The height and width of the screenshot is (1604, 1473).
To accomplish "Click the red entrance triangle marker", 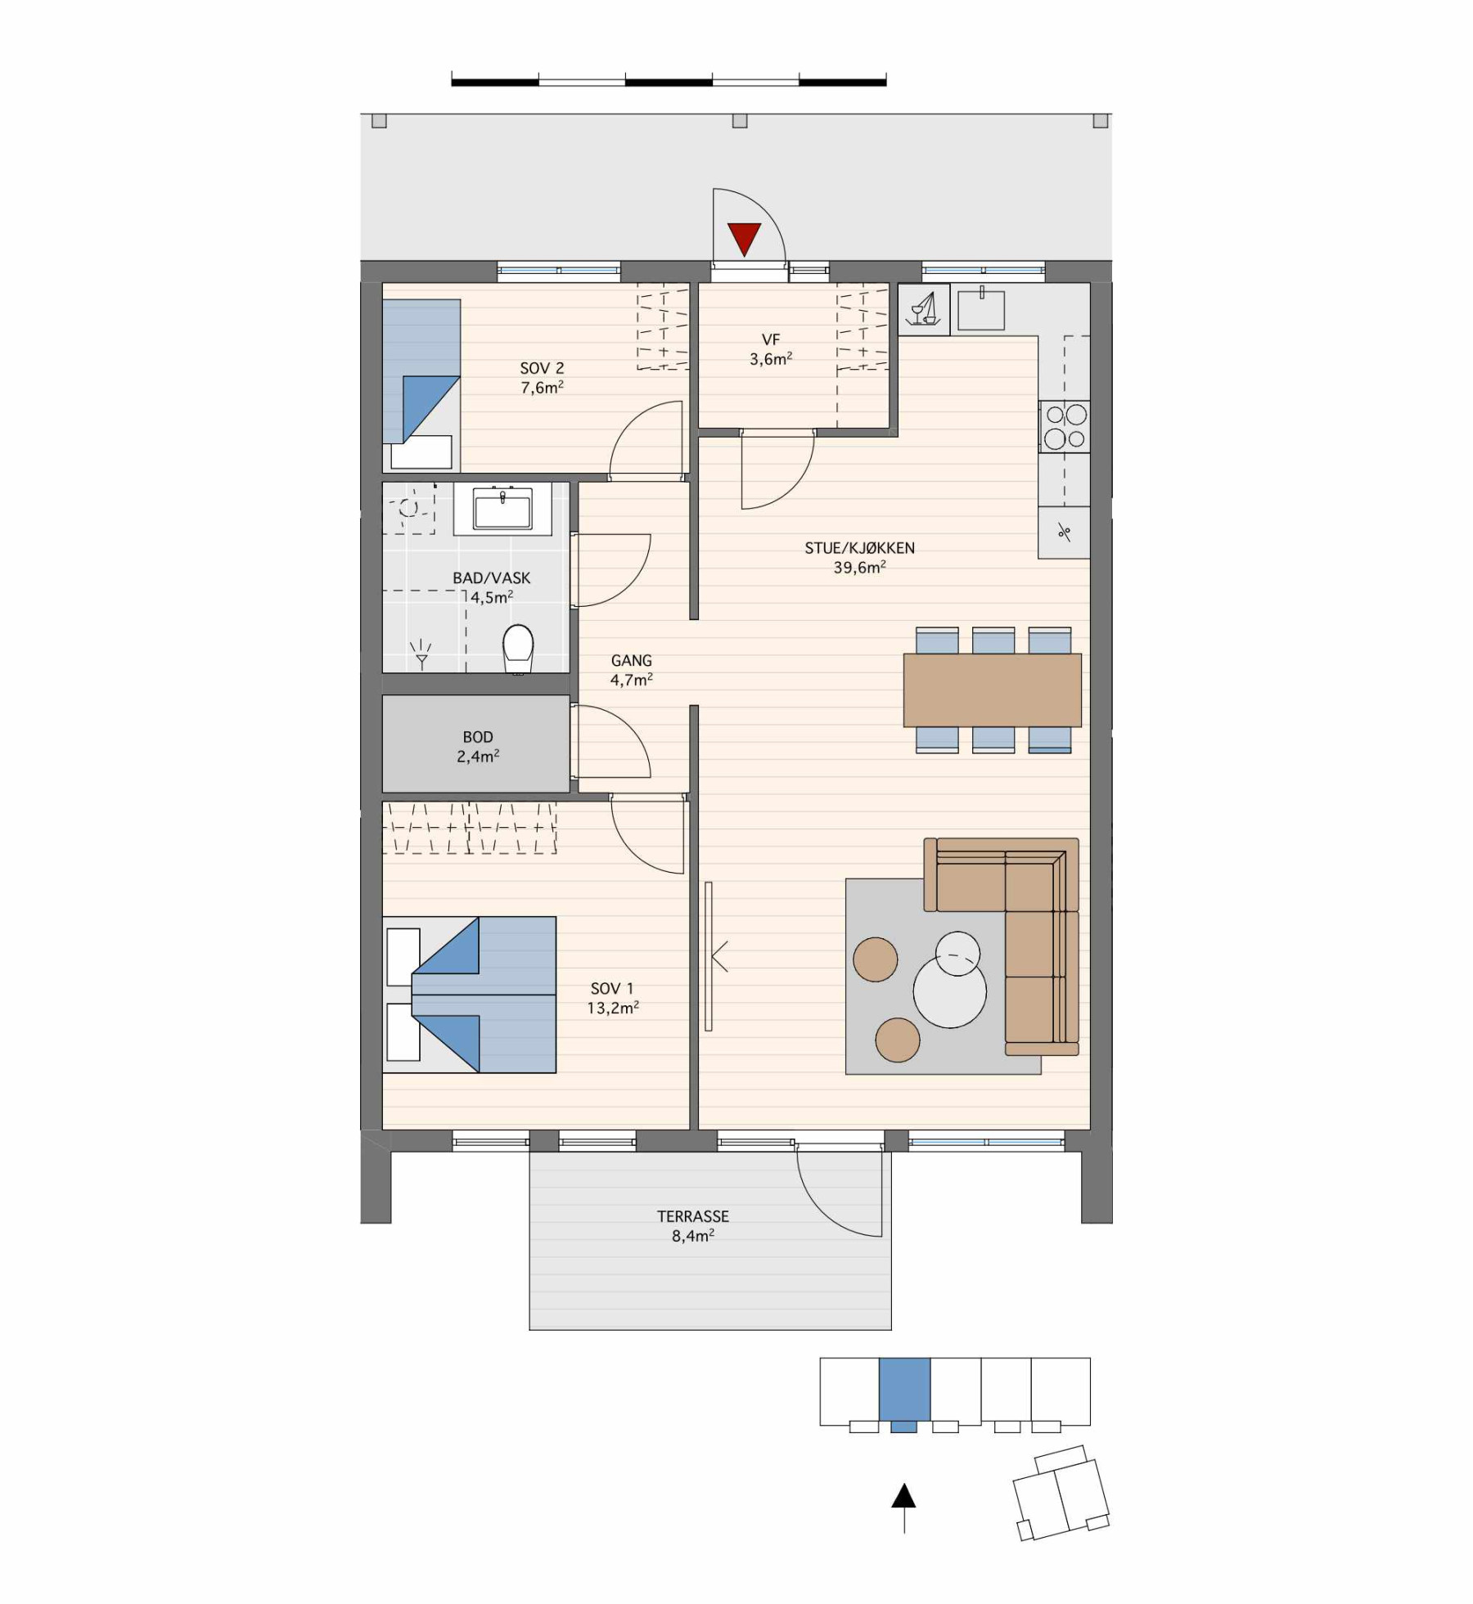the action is tap(744, 239).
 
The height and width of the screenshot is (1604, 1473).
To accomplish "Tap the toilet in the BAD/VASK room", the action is tap(518, 648).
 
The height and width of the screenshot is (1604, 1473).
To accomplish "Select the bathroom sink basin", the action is tap(502, 508).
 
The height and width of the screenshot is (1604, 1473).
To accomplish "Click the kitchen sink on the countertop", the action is tap(980, 308).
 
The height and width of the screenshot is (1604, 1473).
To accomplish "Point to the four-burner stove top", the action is tap(1065, 426).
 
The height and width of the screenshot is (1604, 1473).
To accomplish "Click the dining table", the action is tap(993, 690).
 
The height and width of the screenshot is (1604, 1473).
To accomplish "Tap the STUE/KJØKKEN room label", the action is tap(859, 558).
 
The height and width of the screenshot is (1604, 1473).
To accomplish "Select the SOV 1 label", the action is tap(612, 998).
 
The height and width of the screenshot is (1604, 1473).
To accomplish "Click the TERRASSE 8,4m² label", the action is tap(693, 1226).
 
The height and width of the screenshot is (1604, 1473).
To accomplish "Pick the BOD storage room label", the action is tap(478, 747).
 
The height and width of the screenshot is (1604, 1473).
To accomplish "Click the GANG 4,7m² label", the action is tap(631, 670).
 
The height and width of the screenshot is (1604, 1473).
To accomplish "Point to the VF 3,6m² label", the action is tap(771, 349).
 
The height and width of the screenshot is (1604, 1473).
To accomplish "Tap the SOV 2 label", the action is tap(542, 377).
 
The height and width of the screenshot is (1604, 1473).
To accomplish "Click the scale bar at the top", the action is tap(669, 81).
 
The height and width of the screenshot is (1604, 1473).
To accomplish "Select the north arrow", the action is tap(903, 1507).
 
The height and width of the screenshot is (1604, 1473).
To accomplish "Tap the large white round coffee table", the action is tap(950, 991).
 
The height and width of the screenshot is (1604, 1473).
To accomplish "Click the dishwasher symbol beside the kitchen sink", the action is tap(924, 309).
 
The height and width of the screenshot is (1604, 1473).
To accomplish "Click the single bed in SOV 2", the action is tap(421, 384).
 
